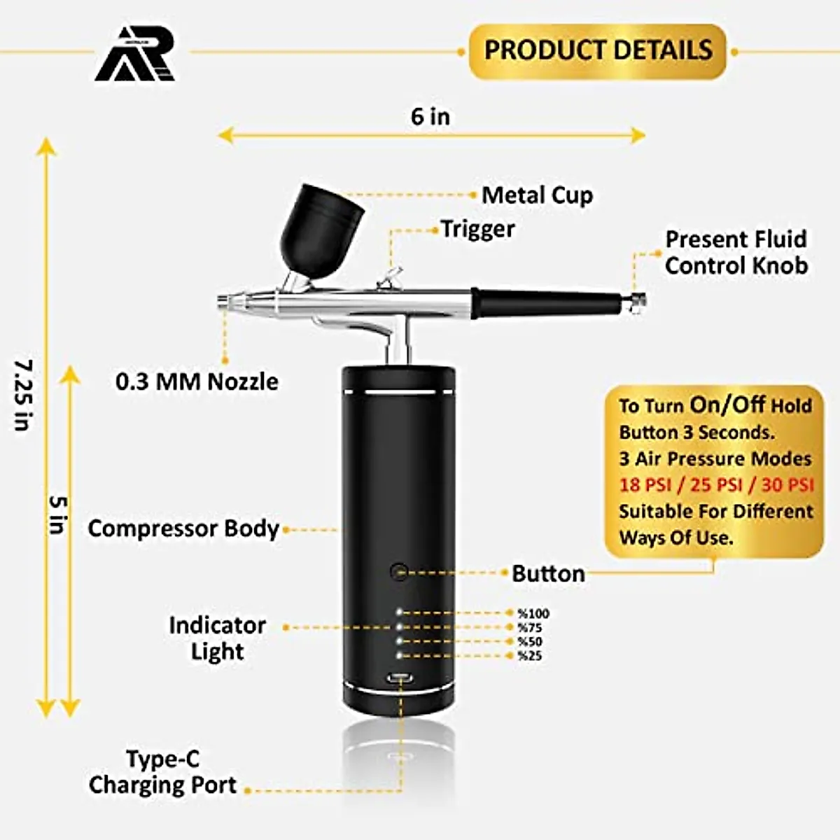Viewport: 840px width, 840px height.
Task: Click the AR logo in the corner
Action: coord(135,55)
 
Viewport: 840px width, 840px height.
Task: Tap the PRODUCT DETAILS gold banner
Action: coord(598,50)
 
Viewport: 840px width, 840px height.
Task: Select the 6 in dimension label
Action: coord(430,116)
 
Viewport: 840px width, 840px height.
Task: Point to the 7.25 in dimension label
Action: coord(24,395)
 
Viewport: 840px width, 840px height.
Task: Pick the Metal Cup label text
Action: coord(537,195)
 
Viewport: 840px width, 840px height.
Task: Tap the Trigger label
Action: coord(477,229)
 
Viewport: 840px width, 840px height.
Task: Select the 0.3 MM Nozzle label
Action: coord(197,381)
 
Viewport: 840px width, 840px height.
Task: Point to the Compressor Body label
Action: coord(183,528)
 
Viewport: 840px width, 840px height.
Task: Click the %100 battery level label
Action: coord(533,614)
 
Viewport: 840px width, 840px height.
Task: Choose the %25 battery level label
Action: coord(530,656)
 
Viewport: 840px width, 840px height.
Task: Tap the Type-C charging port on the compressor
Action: coord(400,678)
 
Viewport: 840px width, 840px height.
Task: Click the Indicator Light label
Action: coord(217,638)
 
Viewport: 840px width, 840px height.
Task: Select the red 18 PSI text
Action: coord(645,485)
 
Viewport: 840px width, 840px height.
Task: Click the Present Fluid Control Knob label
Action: coord(736,252)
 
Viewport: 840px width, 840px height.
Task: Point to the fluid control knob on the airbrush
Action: coord(637,300)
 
